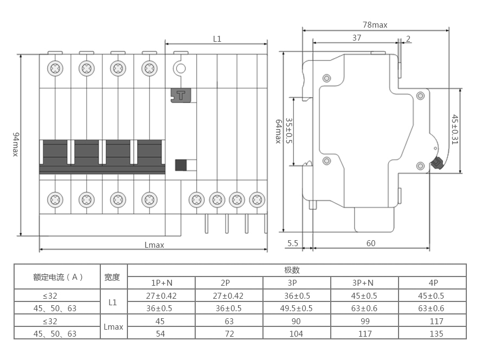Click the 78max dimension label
coord(375,25)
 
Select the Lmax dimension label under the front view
coord(155,245)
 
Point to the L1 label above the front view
coord(217,38)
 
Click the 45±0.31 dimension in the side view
coord(455,130)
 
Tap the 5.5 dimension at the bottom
coord(293,243)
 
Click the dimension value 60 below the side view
coord(371,243)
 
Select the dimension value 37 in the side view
coord(356,38)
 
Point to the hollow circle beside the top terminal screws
coord(179,68)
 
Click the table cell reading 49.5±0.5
coord(296,308)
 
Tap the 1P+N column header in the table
coord(162,282)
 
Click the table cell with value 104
coord(296,333)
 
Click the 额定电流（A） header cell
coord(57,277)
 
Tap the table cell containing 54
coord(160,333)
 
